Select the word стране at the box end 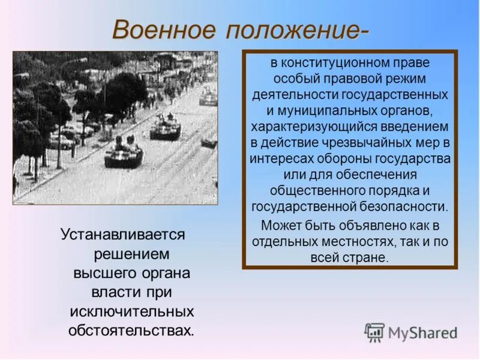pos(367,258)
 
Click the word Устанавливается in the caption pos(123,235)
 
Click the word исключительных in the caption pos(131,311)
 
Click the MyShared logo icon pos(374,332)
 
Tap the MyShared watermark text pos(422,333)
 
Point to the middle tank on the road pos(164,128)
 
